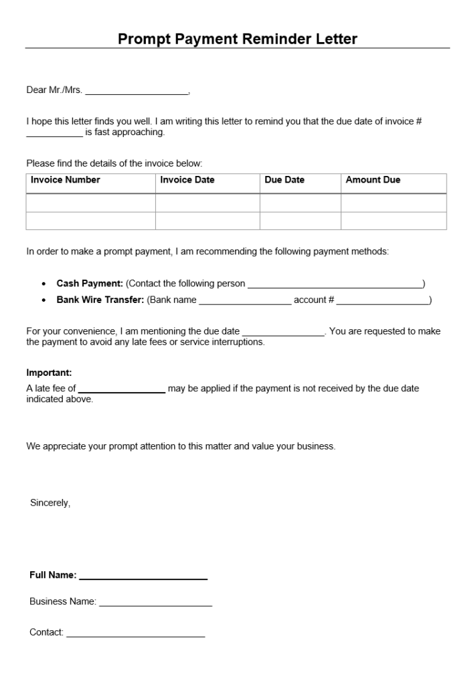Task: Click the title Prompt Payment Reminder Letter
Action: pos(237,39)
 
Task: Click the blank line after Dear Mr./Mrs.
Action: pos(137,92)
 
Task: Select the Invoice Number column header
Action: pos(66,180)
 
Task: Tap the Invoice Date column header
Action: pos(187,180)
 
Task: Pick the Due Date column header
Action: pos(285,180)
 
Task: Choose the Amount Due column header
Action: pos(373,180)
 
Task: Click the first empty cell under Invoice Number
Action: pos(91,203)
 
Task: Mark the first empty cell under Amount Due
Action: pos(394,203)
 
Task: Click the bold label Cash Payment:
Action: pos(90,284)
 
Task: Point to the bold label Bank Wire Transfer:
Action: pos(100,300)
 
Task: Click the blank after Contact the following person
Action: pos(335,286)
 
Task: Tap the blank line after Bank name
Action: pos(245,302)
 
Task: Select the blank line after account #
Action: pos(382,302)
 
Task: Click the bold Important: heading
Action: pos(49,373)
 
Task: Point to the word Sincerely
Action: pos(50,503)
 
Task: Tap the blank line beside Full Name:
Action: pos(143,577)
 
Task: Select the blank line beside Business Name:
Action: pos(155,603)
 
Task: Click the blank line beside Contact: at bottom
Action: pos(135,634)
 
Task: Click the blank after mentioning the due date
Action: pos(283,333)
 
